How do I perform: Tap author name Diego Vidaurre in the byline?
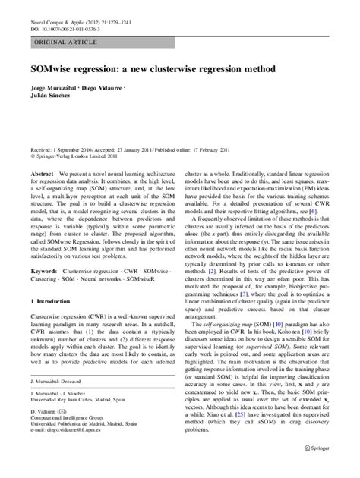point(120,93)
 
